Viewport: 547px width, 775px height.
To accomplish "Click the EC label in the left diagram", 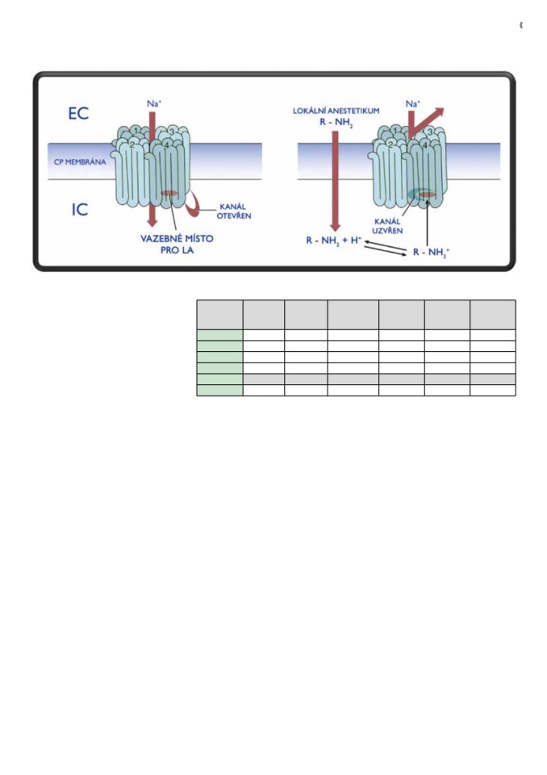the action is tap(78, 113).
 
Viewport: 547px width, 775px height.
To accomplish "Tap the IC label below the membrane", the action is tap(80, 210).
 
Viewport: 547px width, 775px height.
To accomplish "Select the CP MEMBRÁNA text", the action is tap(80, 161).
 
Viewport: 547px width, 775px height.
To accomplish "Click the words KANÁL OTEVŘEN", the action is tap(234, 211).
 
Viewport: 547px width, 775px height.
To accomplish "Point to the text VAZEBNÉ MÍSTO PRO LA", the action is tap(177, 244).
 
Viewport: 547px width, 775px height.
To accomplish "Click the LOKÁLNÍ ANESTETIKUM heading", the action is tap(336, 111).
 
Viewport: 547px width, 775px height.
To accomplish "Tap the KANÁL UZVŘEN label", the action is tap(387, 226).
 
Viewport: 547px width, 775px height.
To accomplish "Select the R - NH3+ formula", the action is tap(432, 252).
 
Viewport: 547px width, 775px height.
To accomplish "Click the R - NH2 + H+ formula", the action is tap(334, 241).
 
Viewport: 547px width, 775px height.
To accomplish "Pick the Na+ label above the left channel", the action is tap(154, 104).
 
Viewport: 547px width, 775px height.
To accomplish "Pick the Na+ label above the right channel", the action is tap(412, 104).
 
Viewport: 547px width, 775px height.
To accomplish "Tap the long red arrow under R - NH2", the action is tap(335, 181).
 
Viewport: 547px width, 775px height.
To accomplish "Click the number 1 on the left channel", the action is tap(136, 131).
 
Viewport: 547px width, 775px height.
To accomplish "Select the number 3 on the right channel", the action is tap(429, 132).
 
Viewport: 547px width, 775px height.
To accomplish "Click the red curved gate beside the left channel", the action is tap(194, 203).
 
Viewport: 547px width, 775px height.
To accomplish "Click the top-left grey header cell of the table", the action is tap(220, 315).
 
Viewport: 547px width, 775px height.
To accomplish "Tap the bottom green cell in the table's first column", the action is tap(220, 391).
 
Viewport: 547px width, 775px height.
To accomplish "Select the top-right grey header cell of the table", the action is tap(493, 315).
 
